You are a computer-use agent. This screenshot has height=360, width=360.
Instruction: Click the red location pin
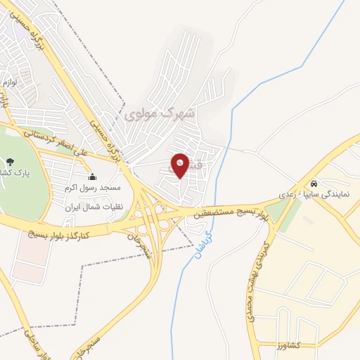point(180,166)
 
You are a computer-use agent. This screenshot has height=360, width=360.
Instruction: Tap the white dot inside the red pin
point(180,164)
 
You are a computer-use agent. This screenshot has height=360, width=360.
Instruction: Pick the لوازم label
point(8,83)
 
